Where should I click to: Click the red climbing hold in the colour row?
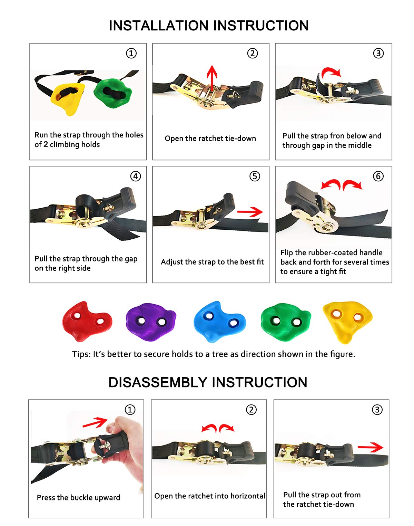coord(87,321)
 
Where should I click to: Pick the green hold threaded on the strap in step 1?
coord(112,93)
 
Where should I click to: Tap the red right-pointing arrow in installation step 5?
coord(250,212)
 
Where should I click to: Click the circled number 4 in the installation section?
coord(136,176)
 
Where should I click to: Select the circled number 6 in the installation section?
coord(378,176)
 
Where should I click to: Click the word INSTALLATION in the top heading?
coord(159,26)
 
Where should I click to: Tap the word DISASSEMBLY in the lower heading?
coord(158,383)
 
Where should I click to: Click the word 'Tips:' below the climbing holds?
coord(81,354)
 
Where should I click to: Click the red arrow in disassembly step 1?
coord(95,423)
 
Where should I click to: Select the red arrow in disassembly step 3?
coord(370,448)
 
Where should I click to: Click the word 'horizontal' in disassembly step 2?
coord(248,496)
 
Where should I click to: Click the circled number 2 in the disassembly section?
coord(251,410)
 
